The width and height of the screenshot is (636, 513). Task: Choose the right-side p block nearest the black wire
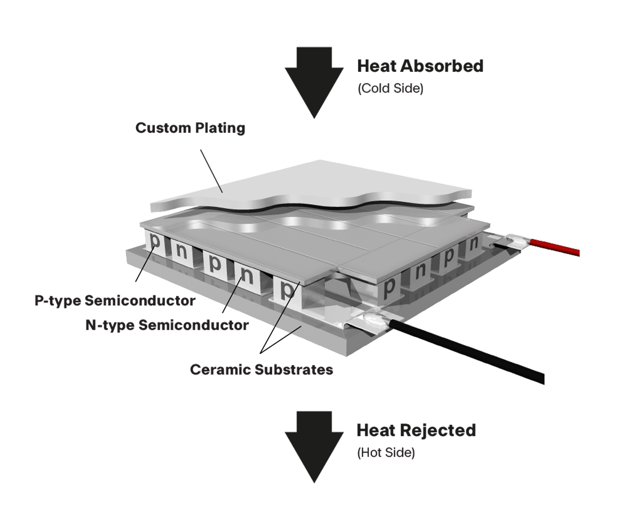pyautogui.click(x=390, y=287)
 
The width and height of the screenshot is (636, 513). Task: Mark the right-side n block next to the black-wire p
pyautogui.click(x=420, y=271)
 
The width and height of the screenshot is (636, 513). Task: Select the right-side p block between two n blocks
pyautogui.click(x=449, y=257)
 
